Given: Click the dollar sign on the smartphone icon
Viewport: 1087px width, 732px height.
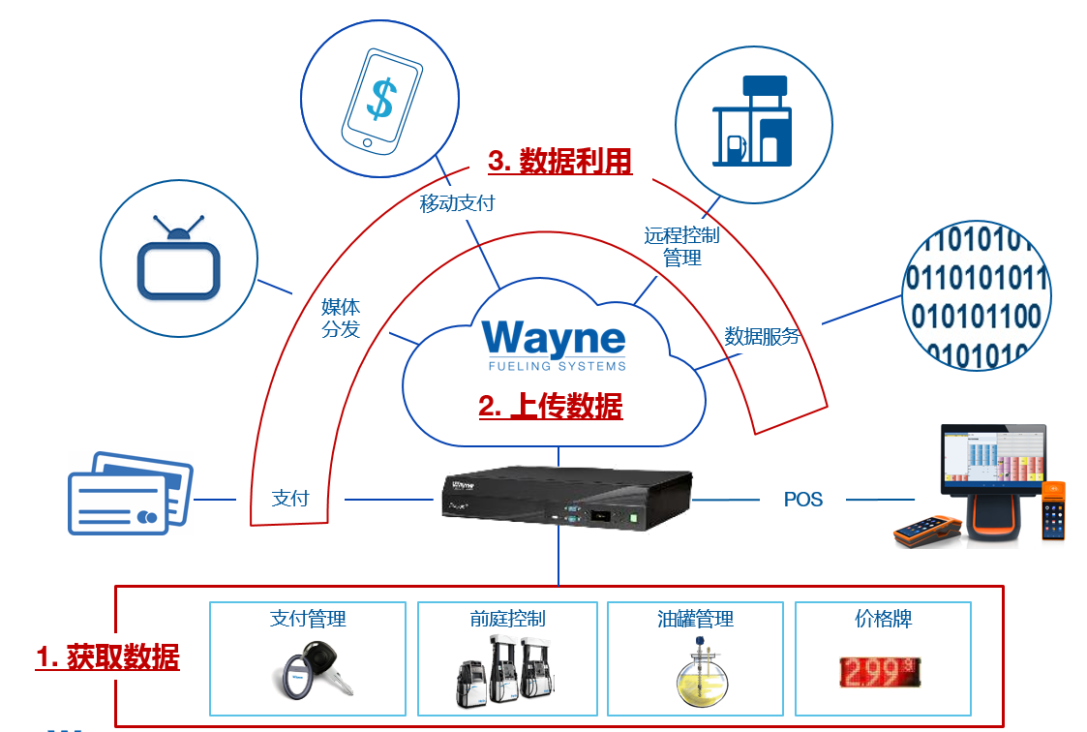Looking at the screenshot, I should (383, 98).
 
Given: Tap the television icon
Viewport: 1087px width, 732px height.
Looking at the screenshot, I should (179, 257).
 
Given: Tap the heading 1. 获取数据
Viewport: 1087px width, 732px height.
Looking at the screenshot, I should (107, 657).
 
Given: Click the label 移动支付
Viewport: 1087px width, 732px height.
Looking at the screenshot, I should (457, 203).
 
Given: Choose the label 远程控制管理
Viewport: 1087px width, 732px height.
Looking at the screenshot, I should (681, 246).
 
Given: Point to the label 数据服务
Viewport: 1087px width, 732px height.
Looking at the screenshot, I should (763, 337).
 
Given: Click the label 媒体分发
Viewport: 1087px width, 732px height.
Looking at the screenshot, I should (341, 318).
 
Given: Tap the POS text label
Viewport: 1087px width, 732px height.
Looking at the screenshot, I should (802, 500).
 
